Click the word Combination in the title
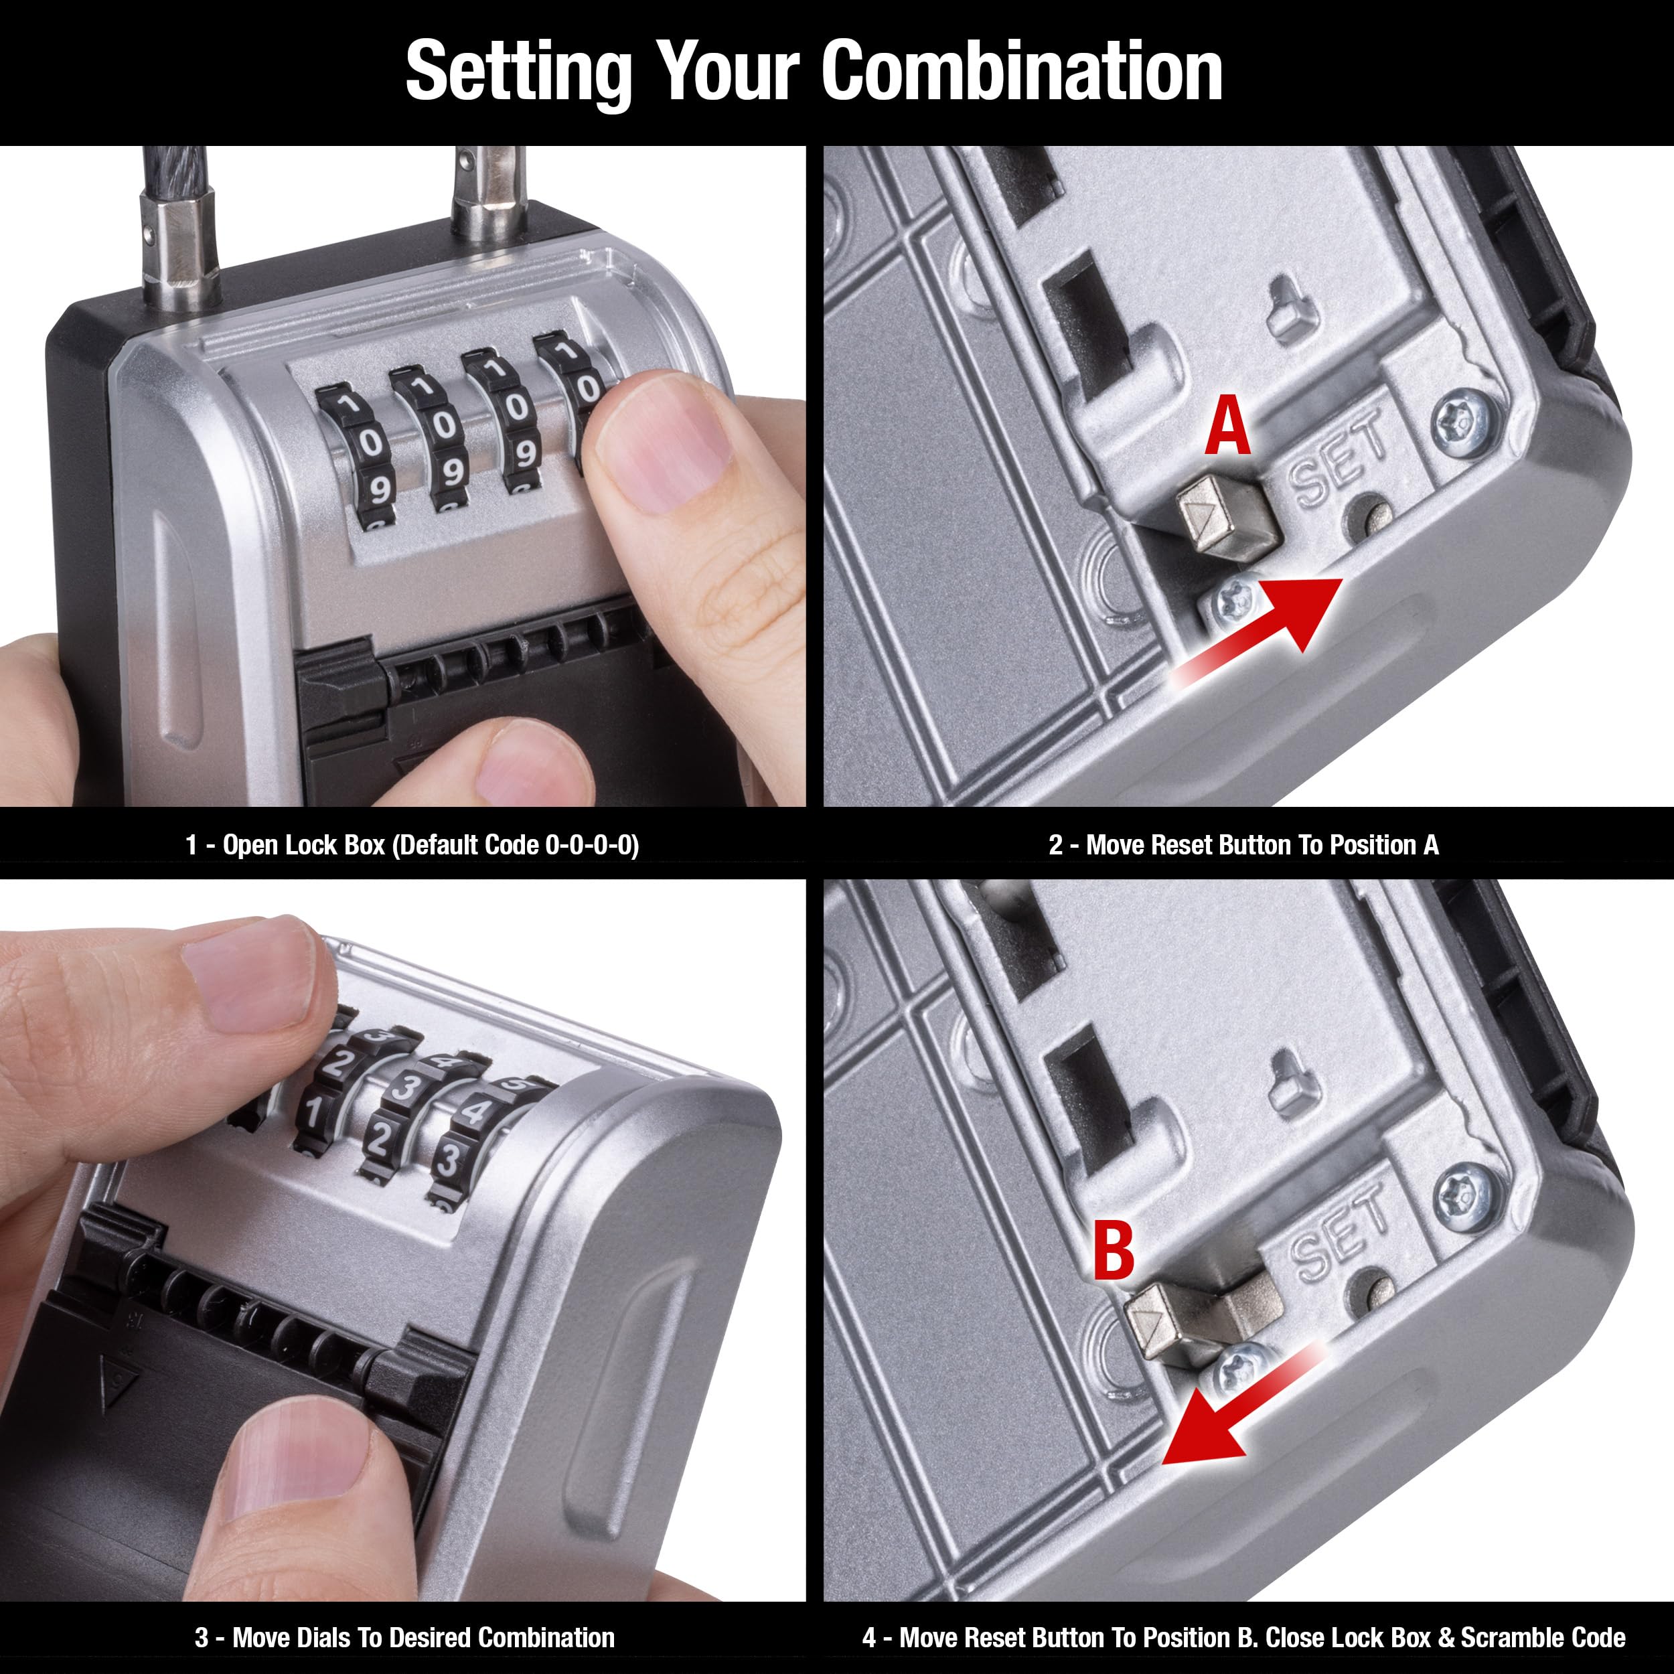pyautogui.click(x=1022, y=71)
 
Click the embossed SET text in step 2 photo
pyautogui.click(x=1339, y=459)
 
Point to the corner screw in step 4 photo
pyautogui.click(x=1465, y=1197)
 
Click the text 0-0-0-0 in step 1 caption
pyautogui.click(x=592, y=845)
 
